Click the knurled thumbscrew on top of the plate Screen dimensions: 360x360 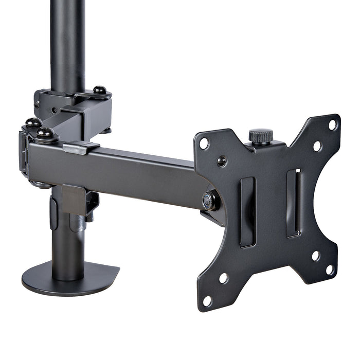click(261, 137)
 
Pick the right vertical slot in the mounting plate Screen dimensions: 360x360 click(293, 203)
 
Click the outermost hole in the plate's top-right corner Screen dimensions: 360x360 click(333, 124)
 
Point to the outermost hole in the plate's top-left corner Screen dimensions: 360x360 click(204, 143)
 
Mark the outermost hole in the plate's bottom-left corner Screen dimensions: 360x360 click(207, 300)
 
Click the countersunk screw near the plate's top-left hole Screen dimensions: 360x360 click(222, 161)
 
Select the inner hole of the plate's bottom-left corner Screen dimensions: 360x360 click(224, 278)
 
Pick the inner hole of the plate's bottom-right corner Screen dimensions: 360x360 click(315, 256)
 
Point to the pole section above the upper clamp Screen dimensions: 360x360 click(67, 41)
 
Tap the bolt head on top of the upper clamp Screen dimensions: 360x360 click(100, 91)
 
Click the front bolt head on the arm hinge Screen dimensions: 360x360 click(45, 134)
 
